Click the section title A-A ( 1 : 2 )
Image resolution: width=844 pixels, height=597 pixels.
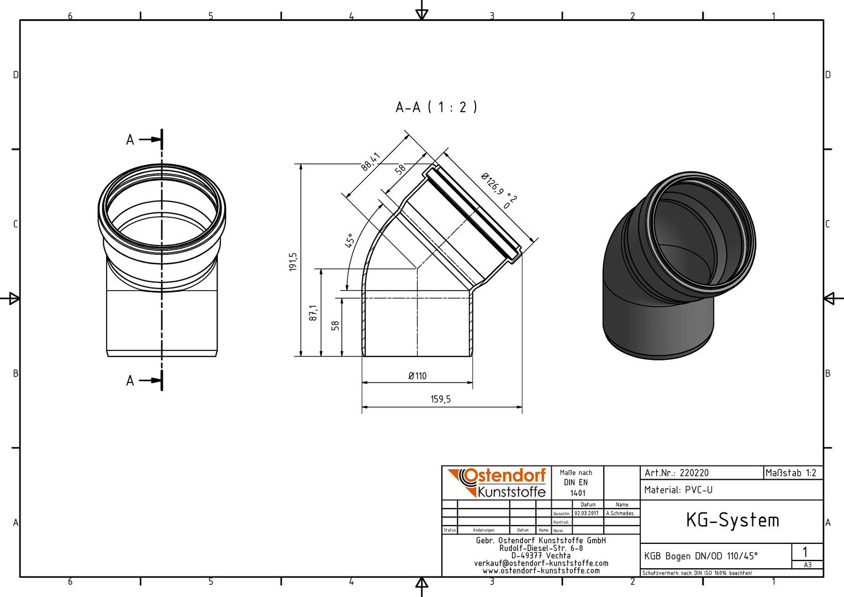click(436, 107)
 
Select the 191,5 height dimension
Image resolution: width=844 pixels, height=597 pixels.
click(293, 261)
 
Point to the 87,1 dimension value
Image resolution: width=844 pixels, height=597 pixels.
click(314, 313)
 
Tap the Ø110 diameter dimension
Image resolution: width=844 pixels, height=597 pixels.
click(418, 376)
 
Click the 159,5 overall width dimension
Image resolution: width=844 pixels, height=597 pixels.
click(441, 399)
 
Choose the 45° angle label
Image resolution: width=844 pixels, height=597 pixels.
click(349, 240)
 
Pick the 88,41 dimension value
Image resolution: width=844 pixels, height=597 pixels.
click(371, 162)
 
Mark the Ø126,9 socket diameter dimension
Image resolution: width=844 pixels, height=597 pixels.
click(498, 190)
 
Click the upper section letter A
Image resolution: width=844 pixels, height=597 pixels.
click(130, 140)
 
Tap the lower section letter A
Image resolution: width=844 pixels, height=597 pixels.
click(130, 380)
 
